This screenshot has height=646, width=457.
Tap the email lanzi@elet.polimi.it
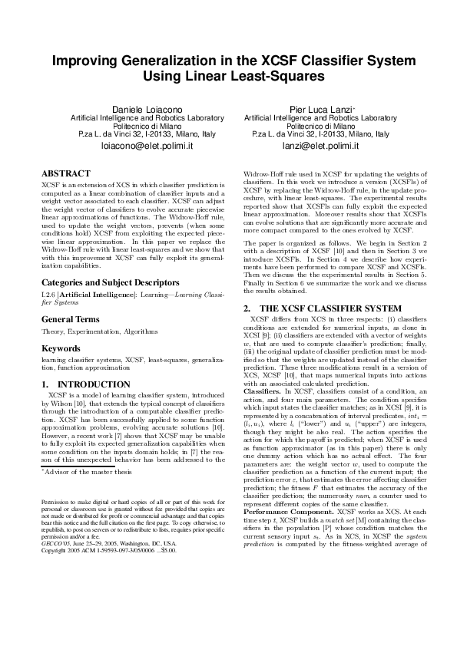click(x=316, y=145)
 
